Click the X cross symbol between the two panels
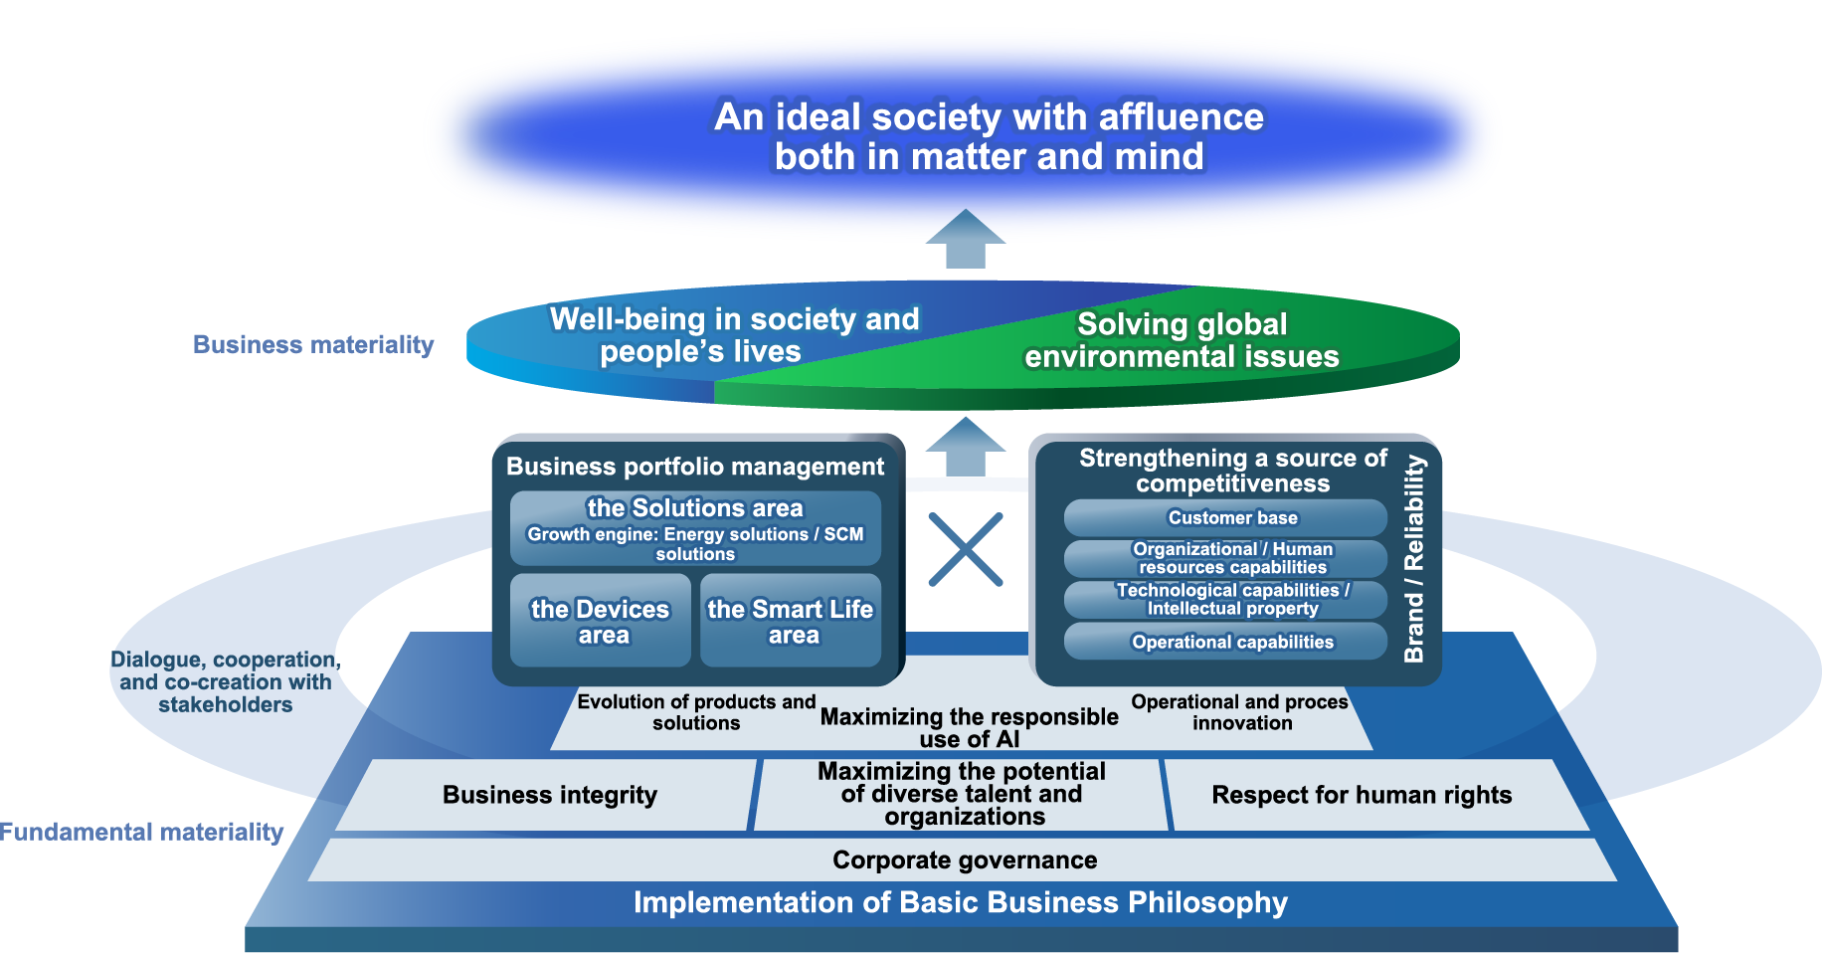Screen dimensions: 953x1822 click(965, 549)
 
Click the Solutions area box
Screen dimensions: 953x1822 click(695, 528)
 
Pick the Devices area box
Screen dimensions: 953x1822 click(600, 621)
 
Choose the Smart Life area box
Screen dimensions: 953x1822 click(791, 621)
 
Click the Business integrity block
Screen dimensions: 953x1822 click(549, 795)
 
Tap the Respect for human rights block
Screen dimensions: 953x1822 click(1361, 795)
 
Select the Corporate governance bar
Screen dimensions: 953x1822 click(964, 860)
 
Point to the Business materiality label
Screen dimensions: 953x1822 click(313, 344)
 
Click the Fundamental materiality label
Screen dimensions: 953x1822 click(141, 832)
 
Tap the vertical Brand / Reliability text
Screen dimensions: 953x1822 click(1413, 559)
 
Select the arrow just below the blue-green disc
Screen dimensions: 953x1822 click(965, 447)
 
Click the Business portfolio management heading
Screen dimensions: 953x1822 click(694, 467)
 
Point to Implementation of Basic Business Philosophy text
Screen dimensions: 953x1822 click(960, 902)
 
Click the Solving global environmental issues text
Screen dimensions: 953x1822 click(1182, 340)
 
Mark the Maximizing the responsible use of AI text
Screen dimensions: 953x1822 click(969, 727)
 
